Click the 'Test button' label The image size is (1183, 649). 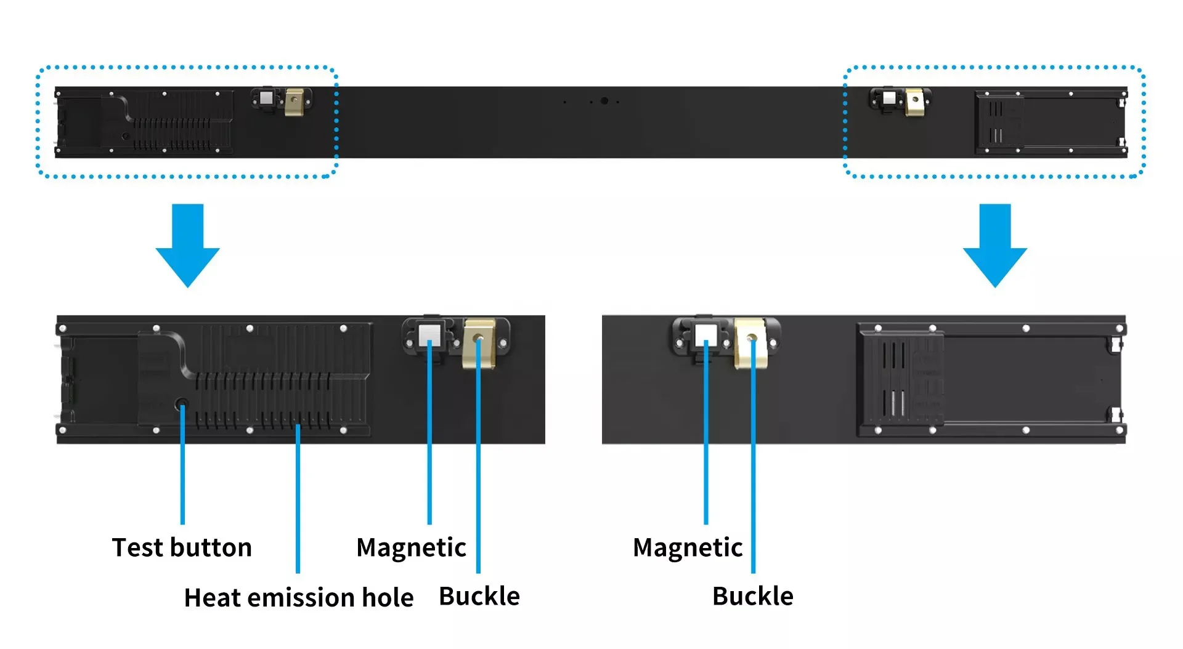[x=182, y=547]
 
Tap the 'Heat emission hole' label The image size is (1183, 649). [x=299, y=597]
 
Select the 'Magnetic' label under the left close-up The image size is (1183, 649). [x=411, y=548]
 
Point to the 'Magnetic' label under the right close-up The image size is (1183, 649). [x=688, y=548]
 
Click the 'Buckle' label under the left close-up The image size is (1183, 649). [x=479, y=596]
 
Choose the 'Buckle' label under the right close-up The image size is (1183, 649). [x=753, y=596]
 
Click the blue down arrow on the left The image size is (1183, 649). [x=188, y=245]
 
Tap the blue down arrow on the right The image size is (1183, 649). [x=995, y=245]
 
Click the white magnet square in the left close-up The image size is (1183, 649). [x=429, y=335]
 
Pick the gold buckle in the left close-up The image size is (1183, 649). [x=479, y=343]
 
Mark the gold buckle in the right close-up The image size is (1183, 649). [x=752, y=343]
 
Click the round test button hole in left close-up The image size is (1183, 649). [x=182, y=405]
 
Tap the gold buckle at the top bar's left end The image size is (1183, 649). [x=295, y=102]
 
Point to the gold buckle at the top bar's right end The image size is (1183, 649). [x=915, y=102]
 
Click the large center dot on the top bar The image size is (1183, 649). [x=604, y=101]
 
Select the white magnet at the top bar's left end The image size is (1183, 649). [x=267, y=98]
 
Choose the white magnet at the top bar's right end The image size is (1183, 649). [x=889, y=98]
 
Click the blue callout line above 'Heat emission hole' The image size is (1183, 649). [x=298, y=499]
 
